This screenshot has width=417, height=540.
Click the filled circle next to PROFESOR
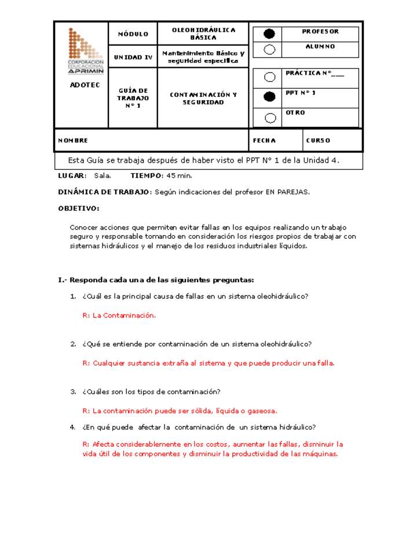click(x=269, y=34)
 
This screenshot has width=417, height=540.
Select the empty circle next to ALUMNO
click(x=269, y=50)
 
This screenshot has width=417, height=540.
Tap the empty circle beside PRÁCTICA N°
click(x=269, y=77)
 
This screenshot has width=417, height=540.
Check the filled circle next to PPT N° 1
click(x=269, y=97)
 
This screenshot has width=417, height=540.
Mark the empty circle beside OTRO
click(x=269, y=118)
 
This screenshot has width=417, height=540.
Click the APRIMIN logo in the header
click(x=85, y=50)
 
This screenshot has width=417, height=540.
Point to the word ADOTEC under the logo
click(x=85, y=85)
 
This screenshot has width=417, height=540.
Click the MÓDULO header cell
click(x=133, y=34)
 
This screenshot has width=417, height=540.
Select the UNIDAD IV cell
click(x=133, y=57)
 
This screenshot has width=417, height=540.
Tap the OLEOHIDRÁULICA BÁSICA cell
click(x=203, y=34)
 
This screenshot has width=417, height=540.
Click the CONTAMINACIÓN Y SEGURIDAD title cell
click(x=203, y=98)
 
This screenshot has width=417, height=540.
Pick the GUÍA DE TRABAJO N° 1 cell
click(x=133, y=98)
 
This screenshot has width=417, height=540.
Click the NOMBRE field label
click(x=73, y=141)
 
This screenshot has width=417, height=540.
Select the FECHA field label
click(x=265, y=141)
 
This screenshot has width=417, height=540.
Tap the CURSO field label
click(x=318, y=141)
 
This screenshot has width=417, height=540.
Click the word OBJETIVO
click(x=79, y=208)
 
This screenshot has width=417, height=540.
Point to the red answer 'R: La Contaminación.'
click(x=119, y=316)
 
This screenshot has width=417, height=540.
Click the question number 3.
click(x=73, y=392)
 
